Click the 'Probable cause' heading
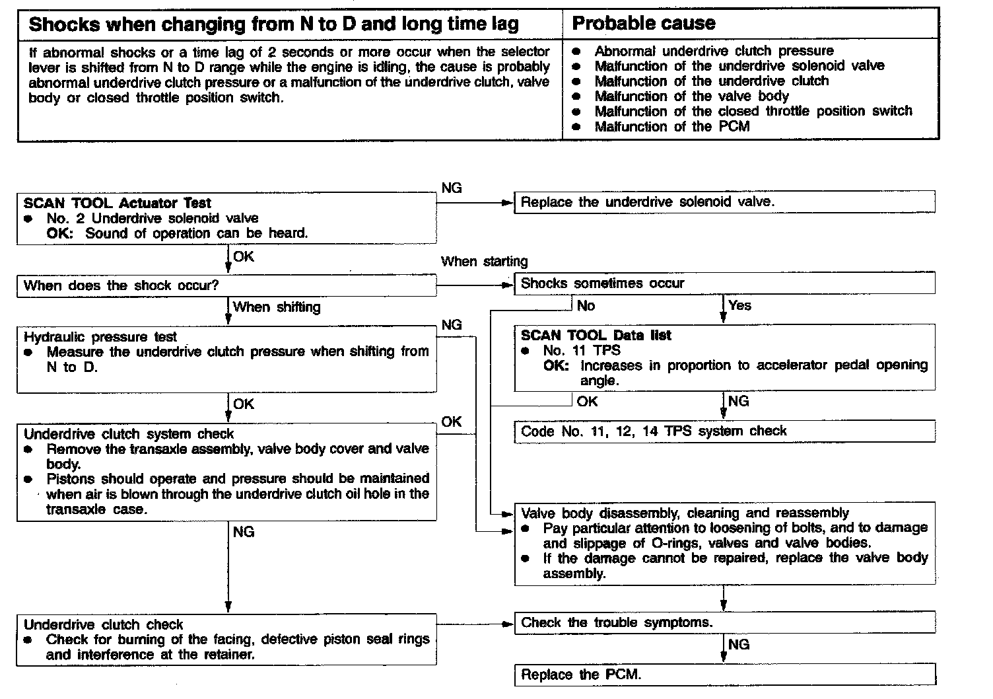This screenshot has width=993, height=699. click(x=644, y=24)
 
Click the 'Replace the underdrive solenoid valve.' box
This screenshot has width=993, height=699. click(x=724, y=202)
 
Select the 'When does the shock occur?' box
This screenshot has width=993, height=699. click(x=226, y=286)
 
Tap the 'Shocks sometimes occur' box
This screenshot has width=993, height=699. click(x=724, y=283)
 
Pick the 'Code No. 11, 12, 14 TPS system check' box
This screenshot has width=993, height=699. click(x=724, y=431)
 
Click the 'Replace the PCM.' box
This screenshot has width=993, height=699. click(x=724, y=675)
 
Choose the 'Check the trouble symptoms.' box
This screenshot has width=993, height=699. click(x=724, y=622)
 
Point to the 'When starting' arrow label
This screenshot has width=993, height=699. click(x=485, y=262)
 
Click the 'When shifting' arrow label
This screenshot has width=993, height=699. click(x=277, y=307)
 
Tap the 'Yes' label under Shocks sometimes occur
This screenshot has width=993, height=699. click(x=740, y=305)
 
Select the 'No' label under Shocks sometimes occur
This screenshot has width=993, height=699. click(x=586, y=306)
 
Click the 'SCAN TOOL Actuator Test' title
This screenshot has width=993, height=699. click(x=118, y=203)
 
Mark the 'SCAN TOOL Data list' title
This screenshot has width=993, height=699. click(x=596, y=335)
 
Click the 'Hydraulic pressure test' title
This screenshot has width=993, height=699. click(x=100, y=337)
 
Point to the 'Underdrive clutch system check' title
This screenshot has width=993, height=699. click(x=129, y=434)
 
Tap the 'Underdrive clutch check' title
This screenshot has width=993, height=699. click(x=103, y=624)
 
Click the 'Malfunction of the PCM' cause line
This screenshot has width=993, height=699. click(x=672, y=126)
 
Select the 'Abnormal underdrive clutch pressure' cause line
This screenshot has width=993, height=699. click(x=714, y=51)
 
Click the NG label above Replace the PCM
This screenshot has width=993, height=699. click(x=739, y=644)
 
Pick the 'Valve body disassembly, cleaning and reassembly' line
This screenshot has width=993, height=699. click(x=685, y=513)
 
